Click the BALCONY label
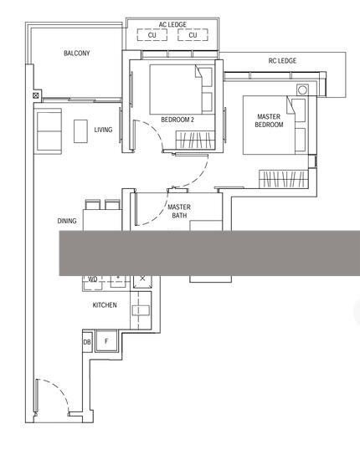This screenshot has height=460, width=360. (77, 53)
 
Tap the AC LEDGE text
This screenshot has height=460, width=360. (172, 24)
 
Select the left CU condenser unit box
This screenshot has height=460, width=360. (152, 35)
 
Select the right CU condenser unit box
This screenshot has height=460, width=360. (193, 35)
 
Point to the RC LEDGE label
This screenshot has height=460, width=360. (282, 61)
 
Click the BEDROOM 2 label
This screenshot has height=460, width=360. (177, 120)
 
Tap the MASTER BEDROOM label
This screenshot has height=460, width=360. (269, 120)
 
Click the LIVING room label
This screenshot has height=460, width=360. (103, 130)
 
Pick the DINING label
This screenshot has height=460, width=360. (67, 221)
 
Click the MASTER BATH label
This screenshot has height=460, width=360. (179, 212)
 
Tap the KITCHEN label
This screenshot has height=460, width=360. (105, 305)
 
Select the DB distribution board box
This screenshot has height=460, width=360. (87, 342)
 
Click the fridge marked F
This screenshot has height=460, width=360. (106, 341)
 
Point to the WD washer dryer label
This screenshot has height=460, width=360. (93, 279)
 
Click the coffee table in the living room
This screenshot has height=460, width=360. (80, 131)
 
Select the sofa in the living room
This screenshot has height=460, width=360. (49, 131)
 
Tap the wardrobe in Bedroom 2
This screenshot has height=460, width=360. (195, 140)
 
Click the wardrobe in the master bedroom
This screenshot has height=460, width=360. (283, 179)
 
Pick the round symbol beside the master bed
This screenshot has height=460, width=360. (302, 89)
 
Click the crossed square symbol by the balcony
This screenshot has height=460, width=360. (36, 95)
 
